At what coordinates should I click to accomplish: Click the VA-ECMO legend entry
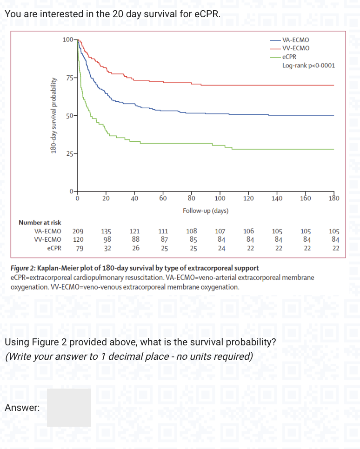[295, 40]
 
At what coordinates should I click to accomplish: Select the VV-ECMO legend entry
[296, 48]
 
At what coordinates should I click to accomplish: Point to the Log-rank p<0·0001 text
[308, 65]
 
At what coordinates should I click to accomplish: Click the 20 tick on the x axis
[106, 199]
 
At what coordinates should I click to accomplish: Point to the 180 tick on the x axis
[333, 199]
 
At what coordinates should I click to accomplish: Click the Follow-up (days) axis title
[205, 211]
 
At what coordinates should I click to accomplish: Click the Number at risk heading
[40, 223]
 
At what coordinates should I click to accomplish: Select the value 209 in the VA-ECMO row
[78, 231]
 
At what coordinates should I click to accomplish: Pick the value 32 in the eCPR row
[107, 248]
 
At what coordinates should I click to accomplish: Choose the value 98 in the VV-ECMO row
[107, 239]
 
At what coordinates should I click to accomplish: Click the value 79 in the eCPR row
[79, 248]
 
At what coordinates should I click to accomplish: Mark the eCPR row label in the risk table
[54, 248]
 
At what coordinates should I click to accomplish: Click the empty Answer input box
[69, 408]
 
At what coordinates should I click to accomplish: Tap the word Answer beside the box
[22, 408]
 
